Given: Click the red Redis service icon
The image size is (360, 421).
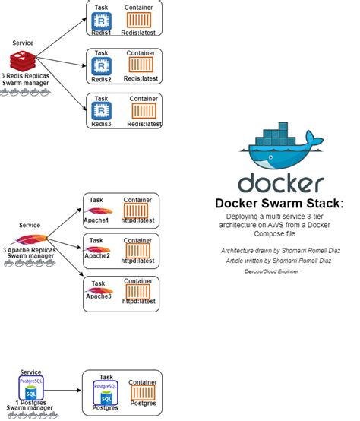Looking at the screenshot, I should coord(22,61).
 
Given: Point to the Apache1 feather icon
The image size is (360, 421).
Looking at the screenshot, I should coord(100,210).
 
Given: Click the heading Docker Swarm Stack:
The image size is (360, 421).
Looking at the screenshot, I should coord(279,203).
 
